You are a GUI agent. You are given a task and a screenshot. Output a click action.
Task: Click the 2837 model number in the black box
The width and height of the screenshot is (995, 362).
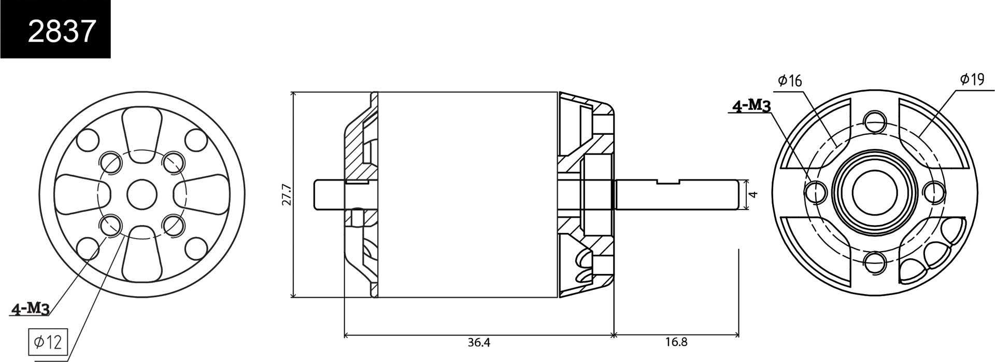point(62,31)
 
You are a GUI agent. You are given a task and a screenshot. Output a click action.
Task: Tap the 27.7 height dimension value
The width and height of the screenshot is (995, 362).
point(287,194)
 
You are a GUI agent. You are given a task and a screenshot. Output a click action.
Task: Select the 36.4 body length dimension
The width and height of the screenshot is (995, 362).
point(478,343)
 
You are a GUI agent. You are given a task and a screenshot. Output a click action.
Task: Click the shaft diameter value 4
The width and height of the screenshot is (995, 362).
point(754,194)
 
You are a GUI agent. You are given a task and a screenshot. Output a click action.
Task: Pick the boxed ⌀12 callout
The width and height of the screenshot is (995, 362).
point(48,342)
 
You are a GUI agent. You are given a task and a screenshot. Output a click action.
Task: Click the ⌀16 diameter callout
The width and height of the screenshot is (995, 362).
point(790,80)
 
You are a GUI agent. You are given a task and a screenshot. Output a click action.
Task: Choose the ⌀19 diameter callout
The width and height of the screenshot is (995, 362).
point(972,79)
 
